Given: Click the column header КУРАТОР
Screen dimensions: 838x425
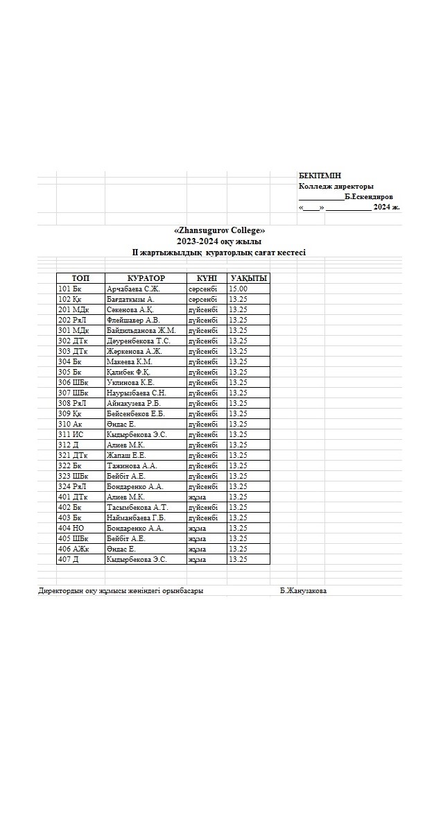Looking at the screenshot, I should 146,278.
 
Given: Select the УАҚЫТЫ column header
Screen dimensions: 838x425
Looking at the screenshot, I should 248,278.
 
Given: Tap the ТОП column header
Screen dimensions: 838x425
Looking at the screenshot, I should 80,278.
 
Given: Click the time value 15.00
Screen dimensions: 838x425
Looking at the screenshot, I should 238,289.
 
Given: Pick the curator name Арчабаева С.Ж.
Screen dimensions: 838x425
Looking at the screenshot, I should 133,289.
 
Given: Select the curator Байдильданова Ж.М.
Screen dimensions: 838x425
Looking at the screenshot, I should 141,330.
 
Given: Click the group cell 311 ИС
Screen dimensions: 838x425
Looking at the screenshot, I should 71,434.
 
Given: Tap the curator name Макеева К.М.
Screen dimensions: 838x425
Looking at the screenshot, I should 130,361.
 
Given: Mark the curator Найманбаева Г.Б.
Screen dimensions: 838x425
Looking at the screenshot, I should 136,518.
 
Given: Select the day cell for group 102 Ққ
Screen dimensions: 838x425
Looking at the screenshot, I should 202,299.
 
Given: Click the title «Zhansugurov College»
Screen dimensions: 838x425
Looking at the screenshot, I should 219,230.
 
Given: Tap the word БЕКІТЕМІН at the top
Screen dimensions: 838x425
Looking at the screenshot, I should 320,176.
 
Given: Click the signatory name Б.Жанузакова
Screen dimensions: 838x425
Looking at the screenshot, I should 303,591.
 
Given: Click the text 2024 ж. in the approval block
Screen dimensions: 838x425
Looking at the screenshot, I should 386,207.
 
